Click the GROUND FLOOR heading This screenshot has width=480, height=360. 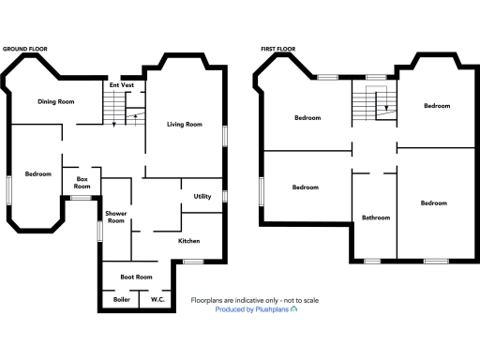click(25, 47)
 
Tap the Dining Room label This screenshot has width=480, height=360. click(56, 101)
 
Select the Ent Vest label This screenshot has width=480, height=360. click(122, 85)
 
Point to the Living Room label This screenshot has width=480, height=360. click(185, 124)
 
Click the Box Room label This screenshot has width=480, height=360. click(82, 182)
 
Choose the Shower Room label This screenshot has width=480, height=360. click(115, 217)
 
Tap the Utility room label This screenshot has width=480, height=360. click(202, 196)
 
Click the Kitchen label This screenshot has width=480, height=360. click(188, 241)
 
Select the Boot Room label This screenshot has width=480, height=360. click(136, 277)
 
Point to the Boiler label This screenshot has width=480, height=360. click(121, 299)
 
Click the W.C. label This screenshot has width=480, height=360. click(157, 299)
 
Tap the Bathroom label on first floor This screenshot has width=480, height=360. click(376, 217)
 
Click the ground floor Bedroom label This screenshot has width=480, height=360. click(38, 173)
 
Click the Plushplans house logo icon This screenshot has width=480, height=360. click(294, 308)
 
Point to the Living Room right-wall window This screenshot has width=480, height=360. click(224, 135)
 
